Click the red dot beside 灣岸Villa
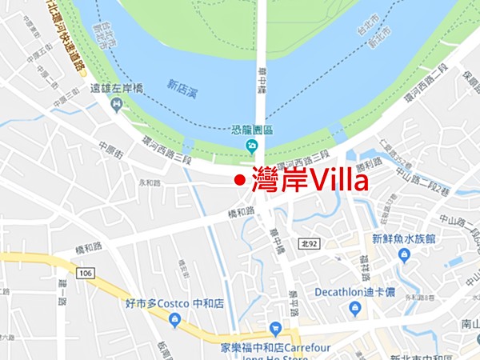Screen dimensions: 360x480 click(238, 181)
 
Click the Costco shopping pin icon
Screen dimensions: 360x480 click(174, 320)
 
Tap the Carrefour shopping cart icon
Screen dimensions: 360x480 click(275, 327)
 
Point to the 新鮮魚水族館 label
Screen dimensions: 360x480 click(403, 238)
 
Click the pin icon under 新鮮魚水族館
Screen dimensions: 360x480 click(403, 256)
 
